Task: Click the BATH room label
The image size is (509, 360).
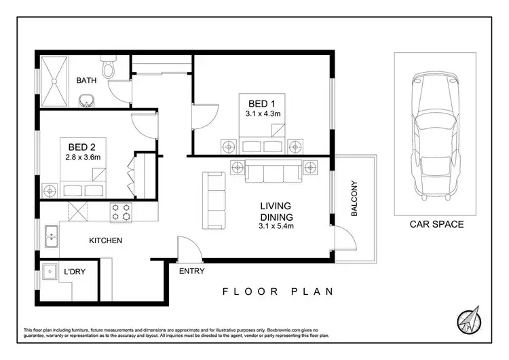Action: pos(86,80)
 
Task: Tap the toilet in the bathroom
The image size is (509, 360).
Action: pos(107,69)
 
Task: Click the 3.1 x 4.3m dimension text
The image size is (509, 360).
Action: pos(262,114)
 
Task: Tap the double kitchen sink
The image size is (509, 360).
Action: pos(50,238)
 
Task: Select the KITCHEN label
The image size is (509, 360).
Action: pos(105,240)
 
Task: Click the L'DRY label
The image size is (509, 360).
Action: pos(74,273)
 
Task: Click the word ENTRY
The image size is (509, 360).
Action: pos(191,271)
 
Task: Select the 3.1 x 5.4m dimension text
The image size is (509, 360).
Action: pos(276,227)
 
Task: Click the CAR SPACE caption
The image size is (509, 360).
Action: pos(437,224)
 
